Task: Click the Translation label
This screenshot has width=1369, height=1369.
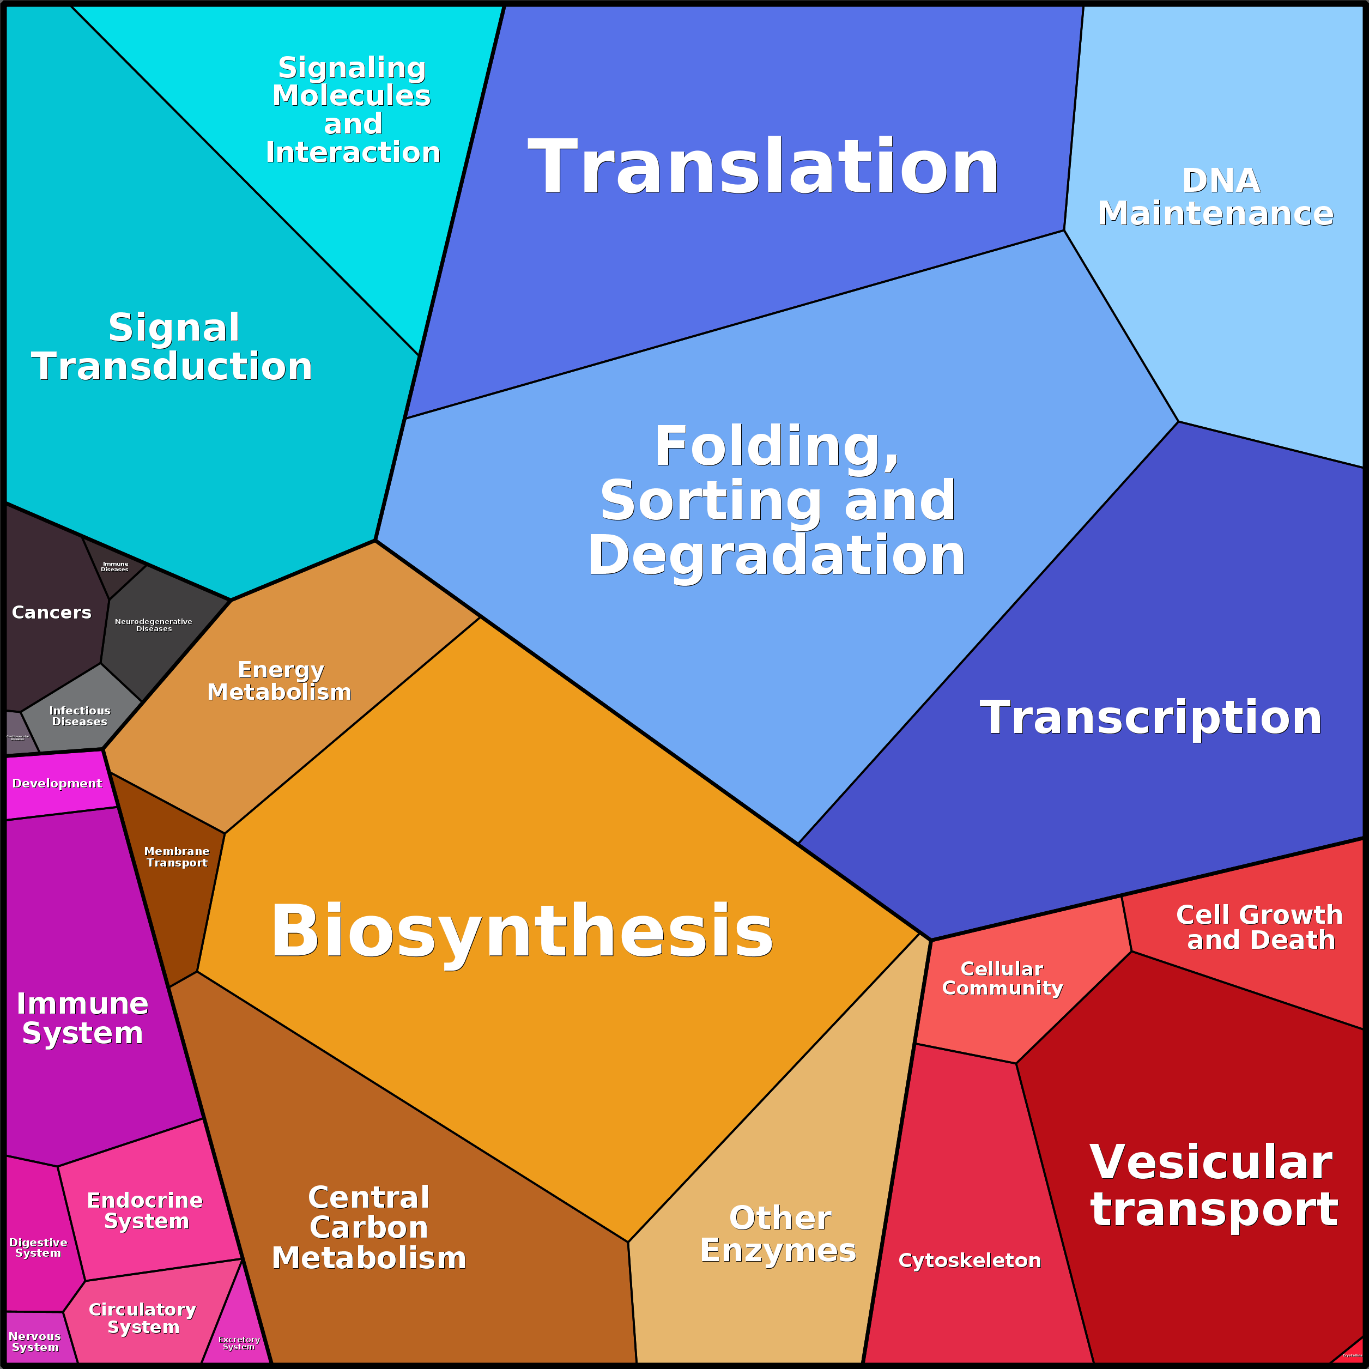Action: point(763,167)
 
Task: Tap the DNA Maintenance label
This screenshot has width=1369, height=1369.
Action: point(1215,198)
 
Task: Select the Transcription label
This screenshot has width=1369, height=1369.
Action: point(1151,718)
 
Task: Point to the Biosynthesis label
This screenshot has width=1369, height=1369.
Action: point(522,931)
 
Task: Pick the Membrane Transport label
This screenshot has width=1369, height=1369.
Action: point(177,857)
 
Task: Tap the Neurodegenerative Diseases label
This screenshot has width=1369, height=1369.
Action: point(154,625)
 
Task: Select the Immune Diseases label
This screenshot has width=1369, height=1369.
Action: point(115,566)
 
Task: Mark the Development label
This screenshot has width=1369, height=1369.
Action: point(57,783)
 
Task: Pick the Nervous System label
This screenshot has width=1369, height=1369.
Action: point(35,1341)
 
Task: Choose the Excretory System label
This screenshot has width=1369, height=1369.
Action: point(239,1343)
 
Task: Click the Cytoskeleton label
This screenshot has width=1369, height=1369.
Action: point(970,1261)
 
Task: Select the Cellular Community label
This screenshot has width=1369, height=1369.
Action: point(1002,979)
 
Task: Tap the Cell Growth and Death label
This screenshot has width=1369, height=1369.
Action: point(1259,927)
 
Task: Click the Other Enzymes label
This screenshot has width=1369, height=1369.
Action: point(779,1234)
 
